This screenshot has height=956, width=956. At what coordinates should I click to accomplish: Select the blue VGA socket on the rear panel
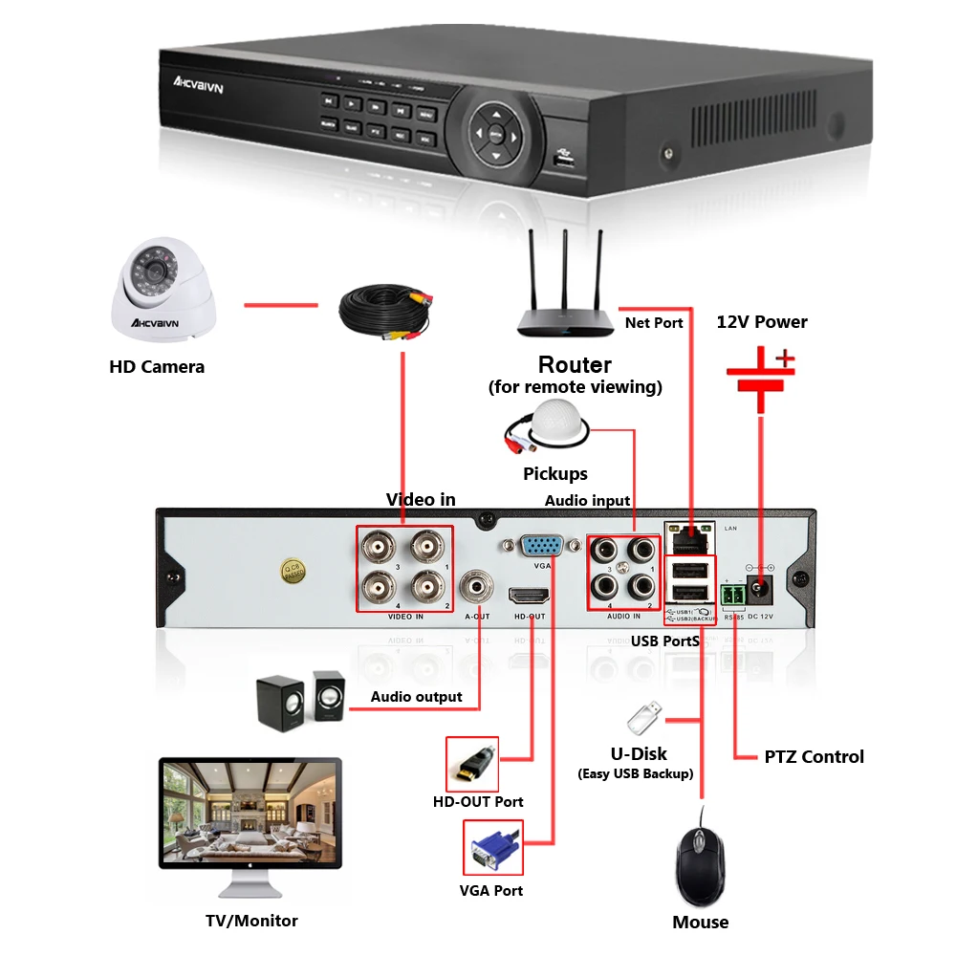540,547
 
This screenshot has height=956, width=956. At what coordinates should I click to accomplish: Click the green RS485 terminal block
733,597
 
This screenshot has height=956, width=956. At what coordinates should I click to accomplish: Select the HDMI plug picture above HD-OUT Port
473,763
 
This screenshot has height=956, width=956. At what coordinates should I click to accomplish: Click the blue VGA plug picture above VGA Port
491,848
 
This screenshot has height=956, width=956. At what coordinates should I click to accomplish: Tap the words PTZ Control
814,757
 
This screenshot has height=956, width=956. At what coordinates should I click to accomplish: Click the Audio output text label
417,697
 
